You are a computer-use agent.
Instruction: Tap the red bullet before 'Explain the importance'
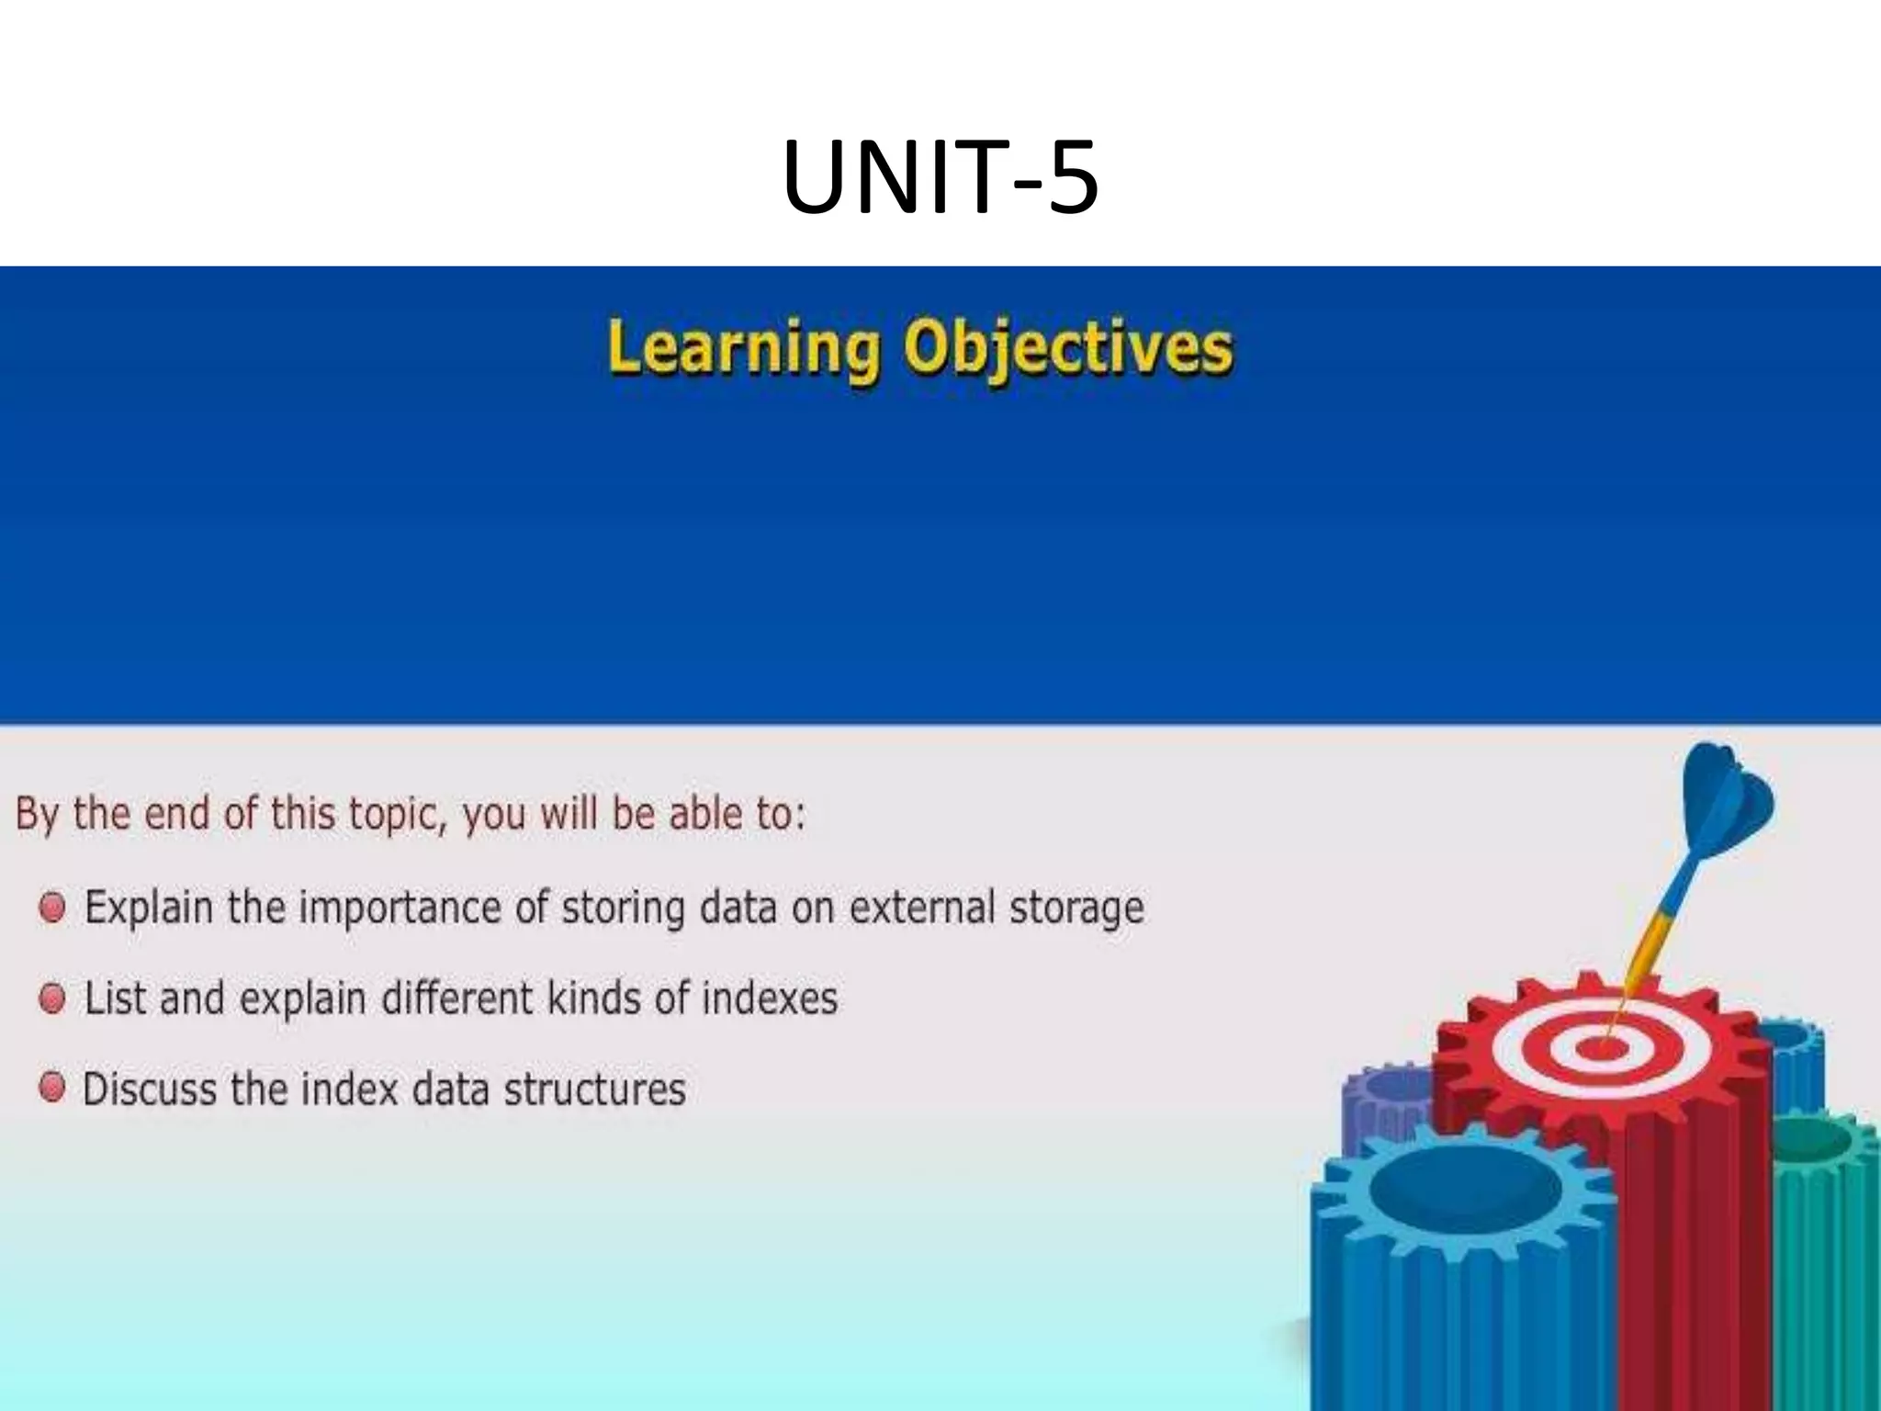52,908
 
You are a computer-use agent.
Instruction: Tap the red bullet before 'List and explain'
52,999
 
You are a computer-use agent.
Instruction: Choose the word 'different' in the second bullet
456,999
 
